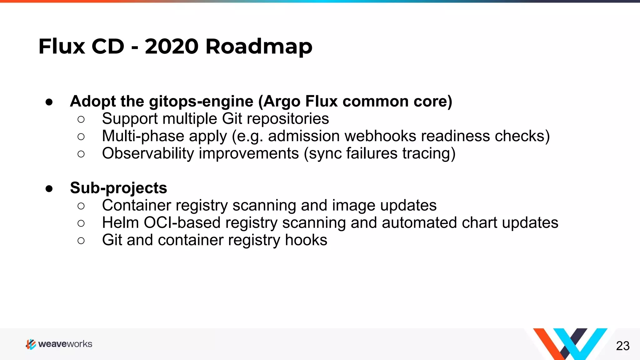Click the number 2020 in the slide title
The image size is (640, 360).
(x=171, y=47)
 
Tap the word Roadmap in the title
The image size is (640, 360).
(x=259, y=47)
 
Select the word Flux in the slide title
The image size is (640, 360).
(x=62, y=47)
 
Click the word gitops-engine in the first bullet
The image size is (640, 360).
(x=201, y=102)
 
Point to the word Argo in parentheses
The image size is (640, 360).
(x=282, y=102)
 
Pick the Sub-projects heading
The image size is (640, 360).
(x=118, y=188)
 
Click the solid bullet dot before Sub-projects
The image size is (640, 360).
(x=49, y=188)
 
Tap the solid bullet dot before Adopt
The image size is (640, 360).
(x=49, y=102)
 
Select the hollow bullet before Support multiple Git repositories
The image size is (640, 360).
(x=81, y=119)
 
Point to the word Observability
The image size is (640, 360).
(x=148, y=153)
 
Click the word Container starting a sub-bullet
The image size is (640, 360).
(x=136, y=205)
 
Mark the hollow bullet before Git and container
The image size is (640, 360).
(x=81, y=241)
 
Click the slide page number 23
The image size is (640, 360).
(x=622, y=346)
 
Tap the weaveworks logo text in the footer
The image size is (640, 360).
(x=65, y=344)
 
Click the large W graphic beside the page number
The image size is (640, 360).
(x=570, y=344)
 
